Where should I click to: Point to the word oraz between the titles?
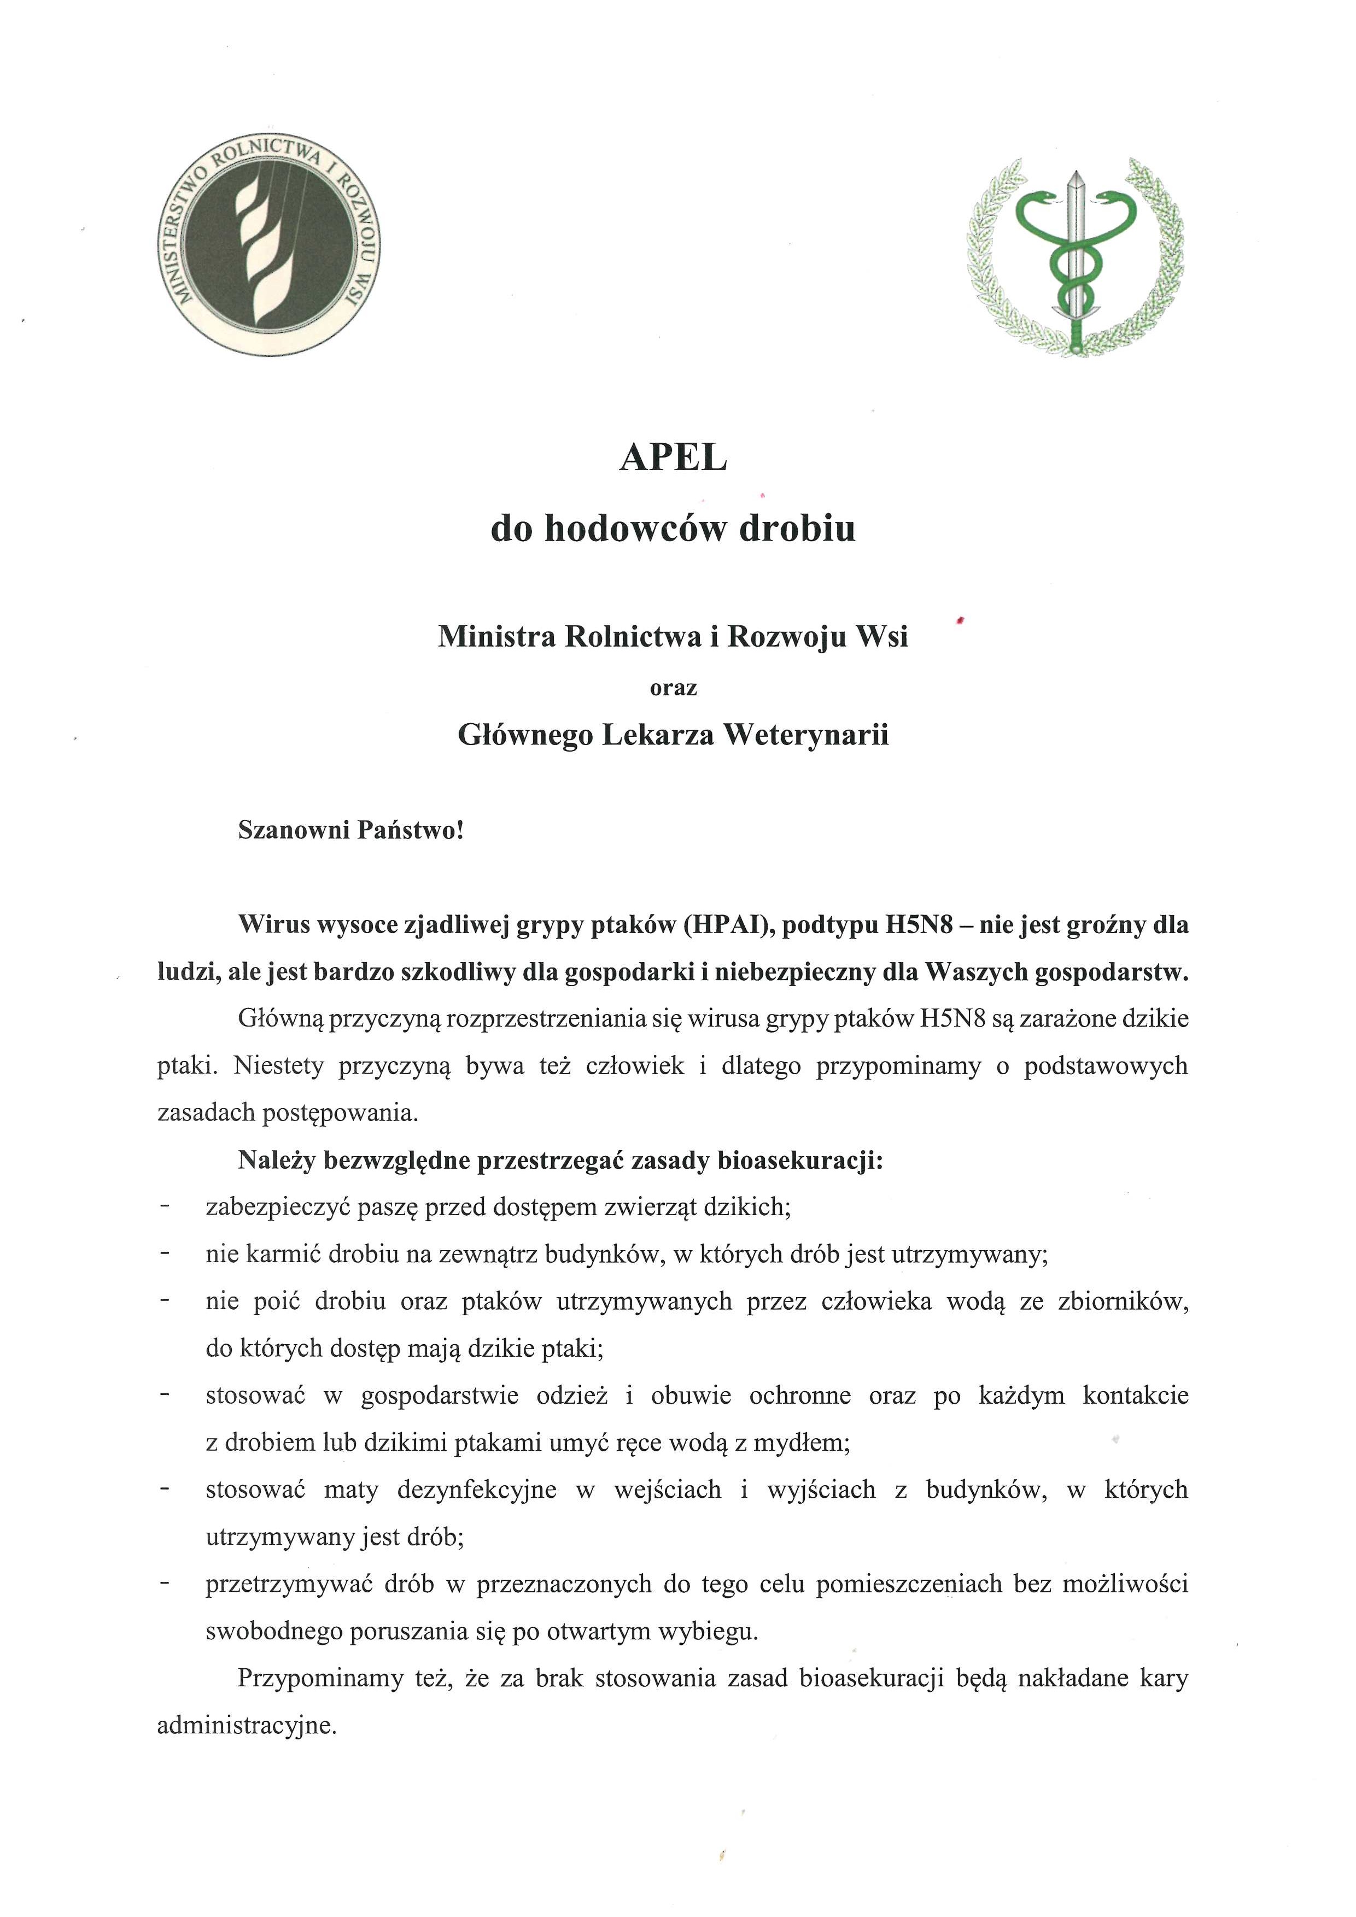[x=673, y=688]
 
